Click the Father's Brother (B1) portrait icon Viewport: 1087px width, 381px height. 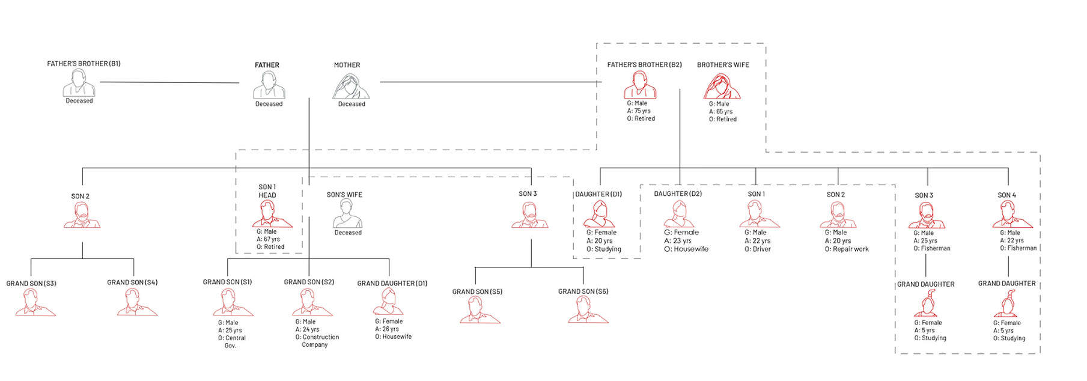pos(79,83)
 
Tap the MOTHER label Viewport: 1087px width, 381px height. pos(347,65)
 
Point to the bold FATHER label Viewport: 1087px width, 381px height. pos(267,65)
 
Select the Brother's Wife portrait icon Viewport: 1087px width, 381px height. pos(722,86)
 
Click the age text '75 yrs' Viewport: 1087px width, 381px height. pos(642,111)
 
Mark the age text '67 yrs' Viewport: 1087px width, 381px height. pos(272,239)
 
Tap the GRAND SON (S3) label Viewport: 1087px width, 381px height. pos(31,284)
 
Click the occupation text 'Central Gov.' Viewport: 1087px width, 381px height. pos(231,342)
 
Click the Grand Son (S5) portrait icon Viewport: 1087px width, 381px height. pos(480,310)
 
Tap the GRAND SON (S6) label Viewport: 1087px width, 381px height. pos(583,291)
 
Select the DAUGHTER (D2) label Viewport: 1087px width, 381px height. pos(678,194)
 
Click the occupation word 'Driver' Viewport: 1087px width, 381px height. pos(762,249)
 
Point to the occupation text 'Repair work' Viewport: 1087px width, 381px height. pos(851,249)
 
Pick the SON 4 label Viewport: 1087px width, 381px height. pos(1007,195)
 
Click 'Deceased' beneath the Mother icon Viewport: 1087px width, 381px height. pos(352,104)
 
